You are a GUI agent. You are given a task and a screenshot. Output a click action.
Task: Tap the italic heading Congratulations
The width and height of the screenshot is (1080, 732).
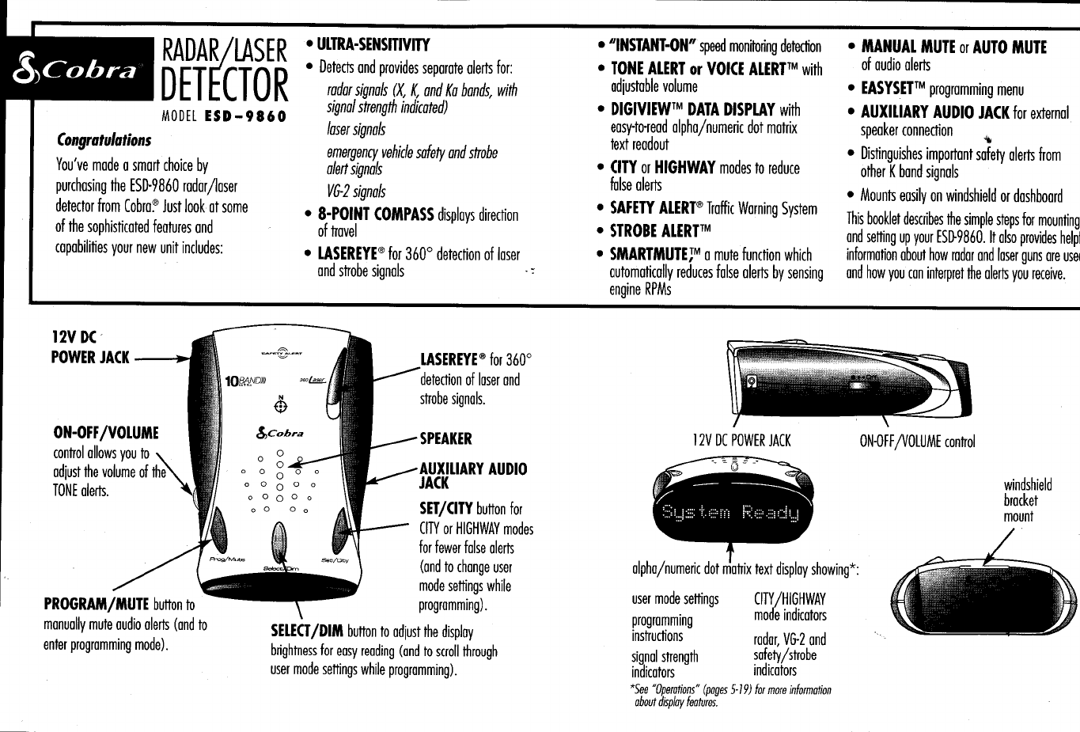click(104, 141)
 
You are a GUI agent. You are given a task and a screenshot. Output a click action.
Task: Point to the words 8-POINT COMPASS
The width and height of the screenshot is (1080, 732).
click(375, 214)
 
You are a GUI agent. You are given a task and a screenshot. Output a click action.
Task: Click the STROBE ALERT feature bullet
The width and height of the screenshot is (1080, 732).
click(661, 230)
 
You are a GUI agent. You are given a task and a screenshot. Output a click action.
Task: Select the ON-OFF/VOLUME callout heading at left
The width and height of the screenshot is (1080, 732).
click(105, 433)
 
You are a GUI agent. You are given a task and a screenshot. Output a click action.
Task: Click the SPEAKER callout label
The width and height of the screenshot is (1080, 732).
click(445, 438)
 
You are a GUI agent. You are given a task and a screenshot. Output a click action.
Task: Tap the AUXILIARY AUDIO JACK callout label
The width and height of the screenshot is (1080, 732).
click(472, 475)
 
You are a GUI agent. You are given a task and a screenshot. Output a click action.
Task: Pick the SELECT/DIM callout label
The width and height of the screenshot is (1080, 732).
click(307, 631)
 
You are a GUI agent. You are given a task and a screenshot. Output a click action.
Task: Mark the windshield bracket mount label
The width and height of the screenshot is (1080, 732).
click(1020, 500)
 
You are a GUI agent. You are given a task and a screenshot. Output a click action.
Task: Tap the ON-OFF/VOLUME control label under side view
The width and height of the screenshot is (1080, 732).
click(917, 442)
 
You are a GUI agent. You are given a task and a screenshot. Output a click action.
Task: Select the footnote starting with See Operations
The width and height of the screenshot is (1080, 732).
click(728, 696)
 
